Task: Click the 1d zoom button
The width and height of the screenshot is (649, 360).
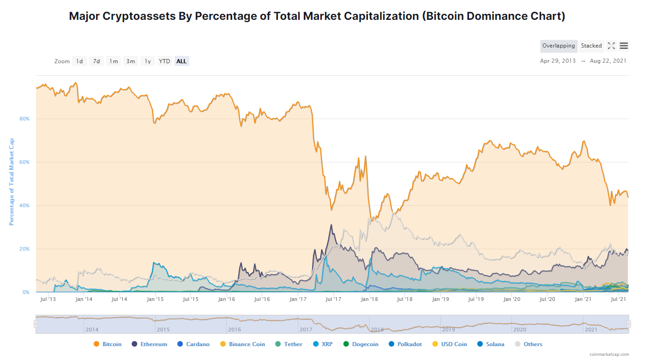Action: point(79,61)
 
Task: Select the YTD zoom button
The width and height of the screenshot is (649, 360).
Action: point(164,61)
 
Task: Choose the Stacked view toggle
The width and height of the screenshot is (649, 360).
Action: point(591,46)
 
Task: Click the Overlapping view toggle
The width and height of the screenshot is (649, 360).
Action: point(559,46)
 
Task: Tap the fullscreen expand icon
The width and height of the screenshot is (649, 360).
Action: point(611,46)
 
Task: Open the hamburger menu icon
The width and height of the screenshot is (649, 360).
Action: point(624,46)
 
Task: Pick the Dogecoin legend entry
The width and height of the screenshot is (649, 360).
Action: point(361,344)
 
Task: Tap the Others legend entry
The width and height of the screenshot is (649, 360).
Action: point(529,344)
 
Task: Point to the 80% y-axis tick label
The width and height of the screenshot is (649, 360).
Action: point(24,119)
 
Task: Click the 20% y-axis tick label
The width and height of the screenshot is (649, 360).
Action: point(24,249)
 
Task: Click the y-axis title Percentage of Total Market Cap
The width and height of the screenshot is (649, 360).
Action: point(12,182)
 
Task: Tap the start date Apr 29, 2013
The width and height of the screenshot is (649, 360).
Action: point(558,61)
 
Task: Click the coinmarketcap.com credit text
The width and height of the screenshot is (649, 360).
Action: point(609,354)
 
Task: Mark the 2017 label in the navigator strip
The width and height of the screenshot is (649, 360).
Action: point(306,330)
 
